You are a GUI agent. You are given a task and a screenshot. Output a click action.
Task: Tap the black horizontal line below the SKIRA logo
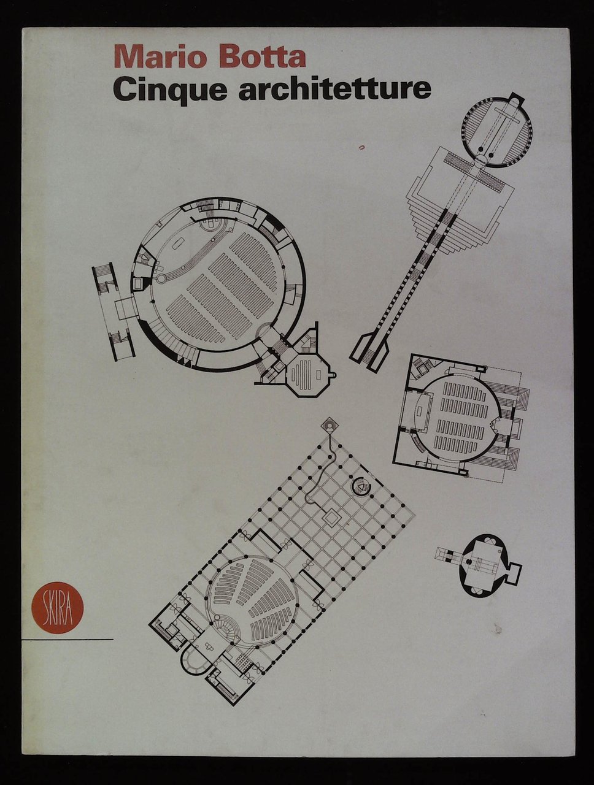coord(67,640)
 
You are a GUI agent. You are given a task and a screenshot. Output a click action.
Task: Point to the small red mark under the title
coord(361,147)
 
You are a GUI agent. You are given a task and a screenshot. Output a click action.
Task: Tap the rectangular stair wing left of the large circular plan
coord(114,311)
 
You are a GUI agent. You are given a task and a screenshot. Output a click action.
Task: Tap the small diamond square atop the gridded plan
coord(331,425)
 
